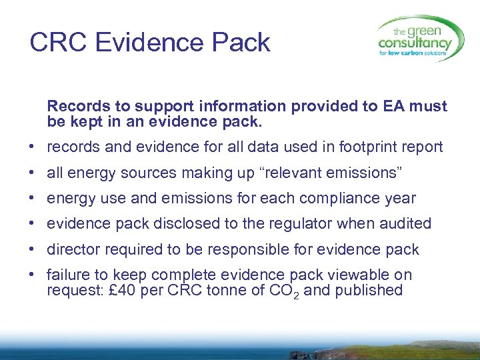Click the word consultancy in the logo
click(414, 43)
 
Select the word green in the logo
click(428, 30)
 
